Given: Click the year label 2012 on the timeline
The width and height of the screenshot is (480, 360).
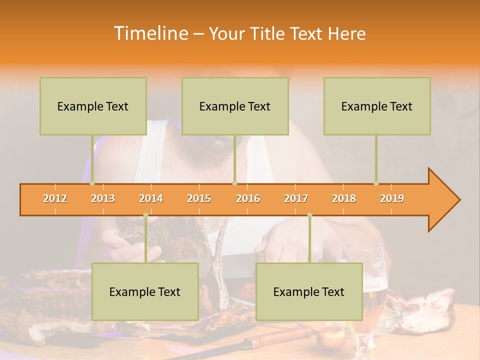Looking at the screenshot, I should (x=55, y=198).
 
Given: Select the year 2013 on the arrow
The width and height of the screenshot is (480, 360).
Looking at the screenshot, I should (x=103, y=198).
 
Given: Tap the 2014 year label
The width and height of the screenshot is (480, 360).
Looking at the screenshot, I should (x=151, y=198).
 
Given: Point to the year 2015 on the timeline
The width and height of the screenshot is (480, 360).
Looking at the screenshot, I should (x=199, y=198).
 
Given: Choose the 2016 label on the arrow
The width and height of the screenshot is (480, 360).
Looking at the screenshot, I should (x=248, y=198).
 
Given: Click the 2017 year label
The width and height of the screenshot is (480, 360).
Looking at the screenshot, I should (x=296, y=198).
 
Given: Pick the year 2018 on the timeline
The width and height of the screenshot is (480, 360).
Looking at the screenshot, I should (x=344, y=198).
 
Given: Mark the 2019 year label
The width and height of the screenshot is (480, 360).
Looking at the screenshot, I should (x=392, y=198).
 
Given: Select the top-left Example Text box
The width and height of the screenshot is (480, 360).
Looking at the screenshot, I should (x=93, y=106).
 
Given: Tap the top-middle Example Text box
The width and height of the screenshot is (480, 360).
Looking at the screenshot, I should (x=235, y=106).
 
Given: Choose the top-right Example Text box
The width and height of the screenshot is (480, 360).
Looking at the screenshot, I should (x=377, y=106).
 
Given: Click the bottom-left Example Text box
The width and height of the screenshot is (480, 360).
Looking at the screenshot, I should (x=145, y=291).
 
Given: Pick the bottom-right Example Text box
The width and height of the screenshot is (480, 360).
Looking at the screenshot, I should (x=309, y=291).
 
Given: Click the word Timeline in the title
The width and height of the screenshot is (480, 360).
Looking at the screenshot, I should (x=150, y=33).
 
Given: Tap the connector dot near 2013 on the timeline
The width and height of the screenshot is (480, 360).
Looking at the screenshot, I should (x=92, y=183).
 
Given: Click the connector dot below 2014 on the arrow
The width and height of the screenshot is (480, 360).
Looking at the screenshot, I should (x=145, y=215).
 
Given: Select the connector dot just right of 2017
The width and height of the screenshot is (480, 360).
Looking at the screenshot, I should (x=309, y=215).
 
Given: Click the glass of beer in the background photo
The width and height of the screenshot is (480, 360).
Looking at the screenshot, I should (x=370, y=295).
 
